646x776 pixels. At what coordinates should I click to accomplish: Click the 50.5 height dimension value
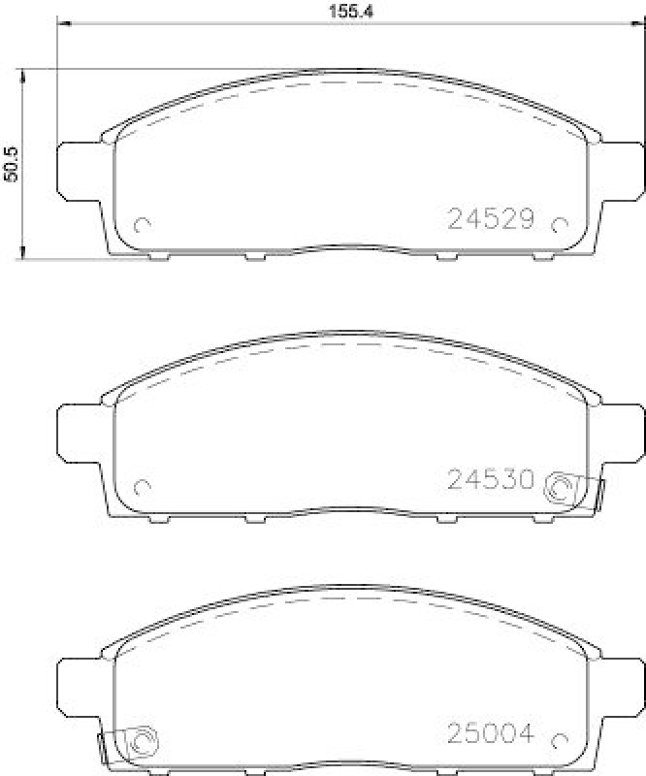point(12,164)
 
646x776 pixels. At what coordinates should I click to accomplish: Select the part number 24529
point(491,219)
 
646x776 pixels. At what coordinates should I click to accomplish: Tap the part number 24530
point(491,478)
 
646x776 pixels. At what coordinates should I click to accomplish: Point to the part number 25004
point(491,734)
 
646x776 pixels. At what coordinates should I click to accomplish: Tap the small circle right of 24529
point(558,226)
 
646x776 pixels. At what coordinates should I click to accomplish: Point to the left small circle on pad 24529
point(142,226)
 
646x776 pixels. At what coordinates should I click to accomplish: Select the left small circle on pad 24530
point(142,486)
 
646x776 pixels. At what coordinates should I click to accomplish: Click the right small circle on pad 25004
point(558,742)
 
